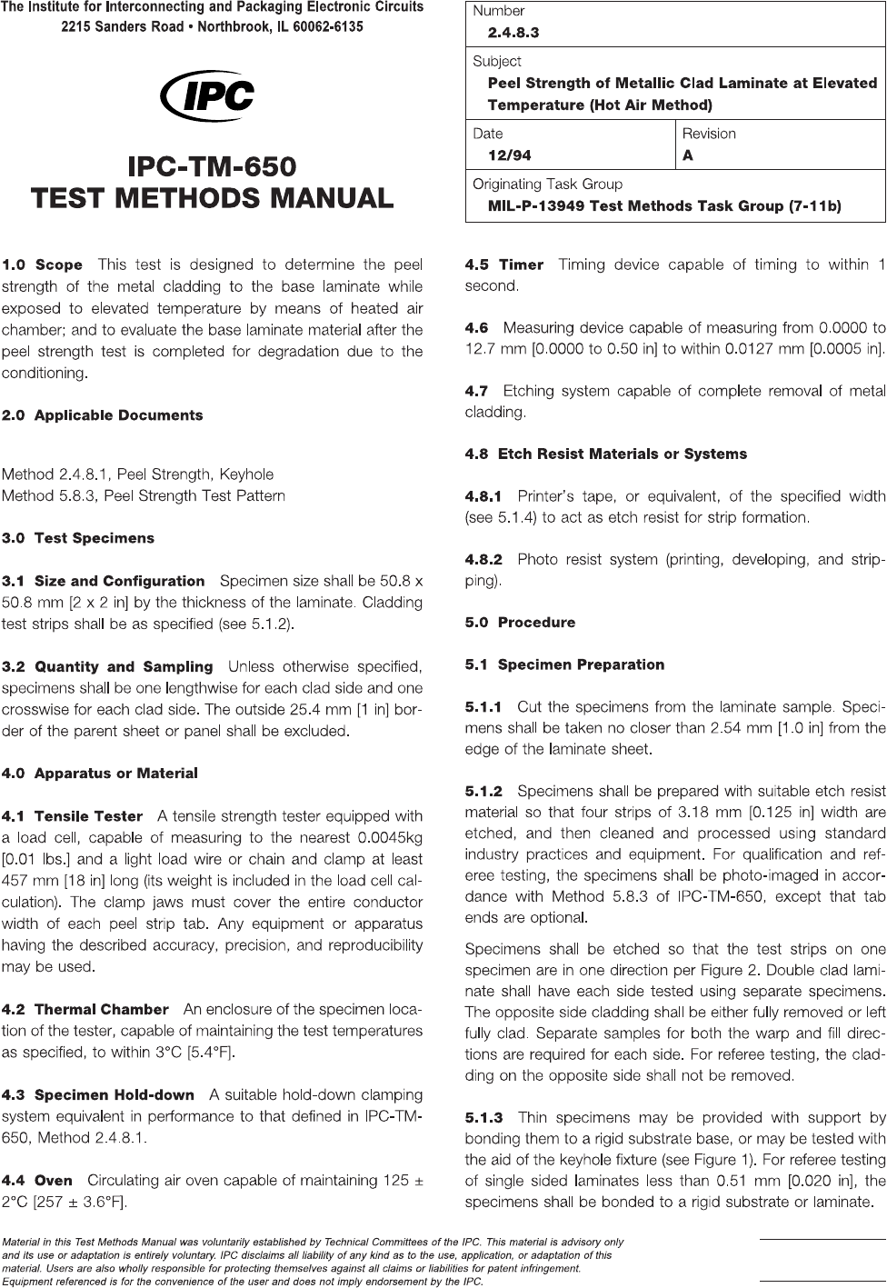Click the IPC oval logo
click(207, 96)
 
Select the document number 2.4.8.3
click(513, 33)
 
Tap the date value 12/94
click(503, 155)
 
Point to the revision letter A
click(688, 155)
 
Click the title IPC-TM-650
click(212, 168)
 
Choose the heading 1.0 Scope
click(43, 265)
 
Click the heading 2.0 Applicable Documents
click(103, 415)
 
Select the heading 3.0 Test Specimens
click(78, 538)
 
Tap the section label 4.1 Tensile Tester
click(73, 816)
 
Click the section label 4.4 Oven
click(37, 1181)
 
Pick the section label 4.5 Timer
click(503, 265)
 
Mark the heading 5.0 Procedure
click(520, 623)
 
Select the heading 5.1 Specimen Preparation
click(564, 664)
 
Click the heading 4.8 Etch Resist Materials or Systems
click(605, 454)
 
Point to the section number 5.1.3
click(483, 1117)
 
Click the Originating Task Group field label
click(547, 185)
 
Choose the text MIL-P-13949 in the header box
click(536, 206)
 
